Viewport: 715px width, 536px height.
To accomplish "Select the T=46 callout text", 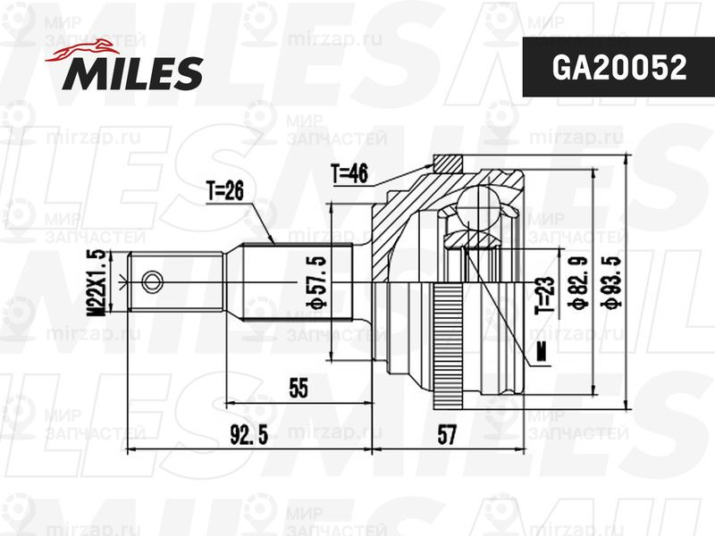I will click(349, 173).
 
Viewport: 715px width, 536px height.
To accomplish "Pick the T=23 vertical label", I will click(543, 295).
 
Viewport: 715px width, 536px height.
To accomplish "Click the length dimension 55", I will click(298, 389).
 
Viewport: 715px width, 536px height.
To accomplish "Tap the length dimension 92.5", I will click(248, 436).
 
